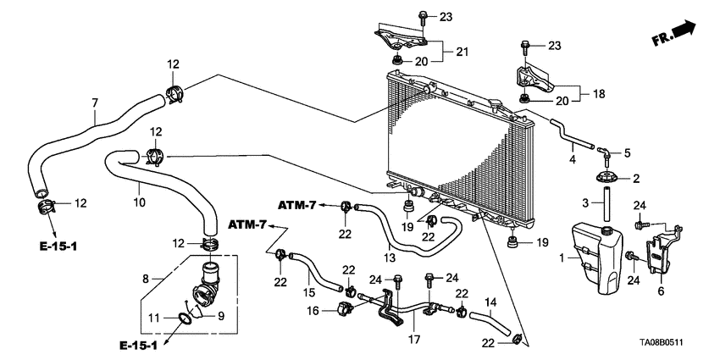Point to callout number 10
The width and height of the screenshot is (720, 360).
pos(141,202)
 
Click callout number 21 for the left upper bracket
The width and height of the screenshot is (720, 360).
pos(462,53)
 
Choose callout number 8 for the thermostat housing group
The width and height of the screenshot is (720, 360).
pos(146,277)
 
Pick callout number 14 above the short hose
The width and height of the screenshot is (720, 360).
pos(490,301)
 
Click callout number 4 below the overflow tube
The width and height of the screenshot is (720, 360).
pos(573,158)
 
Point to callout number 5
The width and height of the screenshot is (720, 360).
pos(628,153)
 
